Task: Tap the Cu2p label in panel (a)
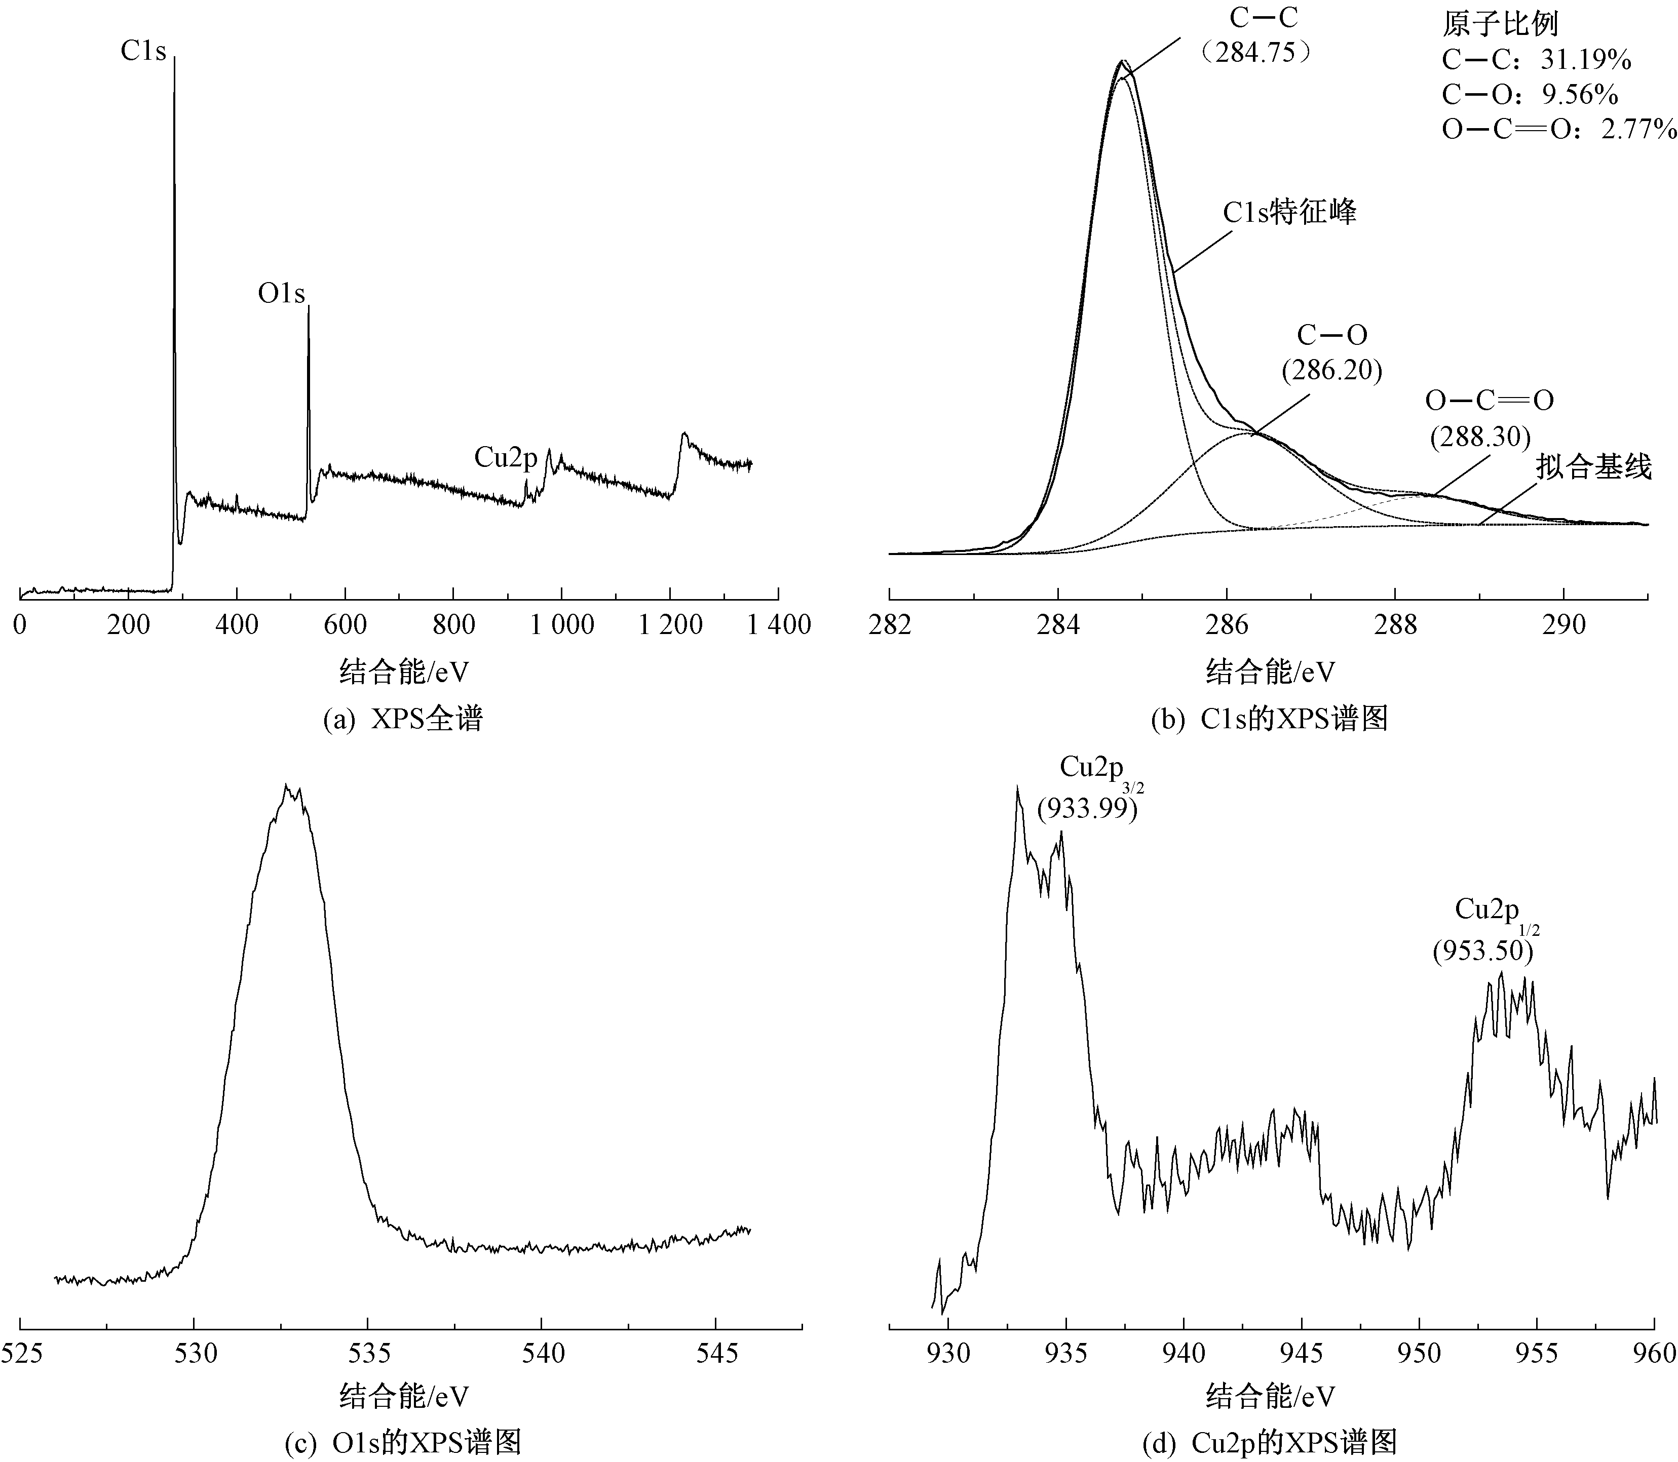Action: coord(506,458)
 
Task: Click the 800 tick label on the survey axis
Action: coord(454,625)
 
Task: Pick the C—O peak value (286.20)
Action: coord(1332,370)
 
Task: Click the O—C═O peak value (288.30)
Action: coord(1480,437)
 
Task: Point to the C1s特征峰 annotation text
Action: coord(1289,212)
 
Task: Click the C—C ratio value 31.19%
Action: coord(1586,60)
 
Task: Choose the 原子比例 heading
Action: coord(1500,24)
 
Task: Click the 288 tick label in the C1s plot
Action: coord(1396,625)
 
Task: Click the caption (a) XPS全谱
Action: coord(403,718)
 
